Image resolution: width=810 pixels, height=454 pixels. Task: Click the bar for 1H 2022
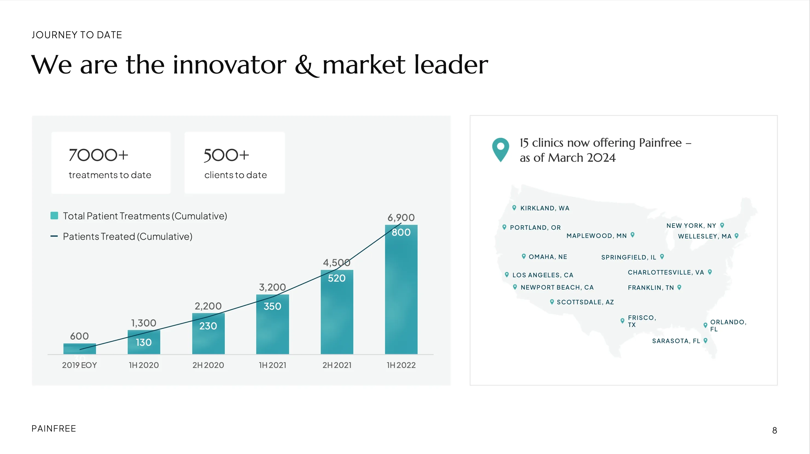(401, 292)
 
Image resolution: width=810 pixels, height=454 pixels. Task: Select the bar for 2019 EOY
(80, 349)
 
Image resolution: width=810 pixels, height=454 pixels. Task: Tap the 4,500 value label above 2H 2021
(336, 262)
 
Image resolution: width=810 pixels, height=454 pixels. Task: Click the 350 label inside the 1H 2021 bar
(272, 306)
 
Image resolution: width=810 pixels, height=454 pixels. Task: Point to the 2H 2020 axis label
(208, 365)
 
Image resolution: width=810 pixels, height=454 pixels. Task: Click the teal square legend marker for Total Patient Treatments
(54, 216)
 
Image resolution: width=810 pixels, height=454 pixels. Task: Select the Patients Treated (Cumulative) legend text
(127, 236)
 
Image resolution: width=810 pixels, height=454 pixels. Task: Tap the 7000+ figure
(98, 155)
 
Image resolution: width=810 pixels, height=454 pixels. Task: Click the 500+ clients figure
(226, 155)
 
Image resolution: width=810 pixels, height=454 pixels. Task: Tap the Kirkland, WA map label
(545, 208)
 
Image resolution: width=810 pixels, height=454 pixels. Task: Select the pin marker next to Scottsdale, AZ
(552, 302)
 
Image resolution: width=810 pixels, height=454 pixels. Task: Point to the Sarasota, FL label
(676, 341)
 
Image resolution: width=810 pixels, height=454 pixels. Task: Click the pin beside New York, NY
(722, 225)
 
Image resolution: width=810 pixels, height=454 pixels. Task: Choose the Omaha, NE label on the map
(548, 257)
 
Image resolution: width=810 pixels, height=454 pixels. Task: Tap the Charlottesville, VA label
(666, 272)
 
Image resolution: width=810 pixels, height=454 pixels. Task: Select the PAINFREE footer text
(54, 429)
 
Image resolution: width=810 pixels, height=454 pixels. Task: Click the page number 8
(774, 431)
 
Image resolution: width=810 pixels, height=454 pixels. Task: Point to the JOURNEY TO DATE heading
(77, 35)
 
